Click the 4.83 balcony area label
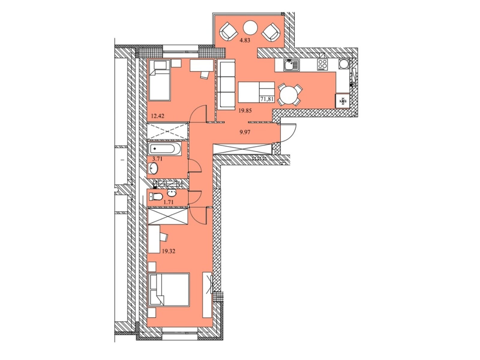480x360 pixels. (244, 40)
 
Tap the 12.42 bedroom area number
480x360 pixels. (157, 116)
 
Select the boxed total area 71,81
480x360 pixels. (267, 99)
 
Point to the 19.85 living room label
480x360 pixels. (245, 111)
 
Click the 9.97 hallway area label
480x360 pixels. (245, 132)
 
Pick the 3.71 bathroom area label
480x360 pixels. (157, 159)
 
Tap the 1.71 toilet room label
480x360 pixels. (168, 202)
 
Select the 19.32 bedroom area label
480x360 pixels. (169, 251)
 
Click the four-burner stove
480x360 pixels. (322, 65)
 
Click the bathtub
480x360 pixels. (164, 149)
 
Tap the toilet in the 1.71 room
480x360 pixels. (156, 196)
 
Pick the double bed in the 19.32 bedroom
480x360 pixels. (169, 289)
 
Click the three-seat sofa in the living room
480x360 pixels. (226, 84)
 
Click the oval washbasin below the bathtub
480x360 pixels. (153, 169)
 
